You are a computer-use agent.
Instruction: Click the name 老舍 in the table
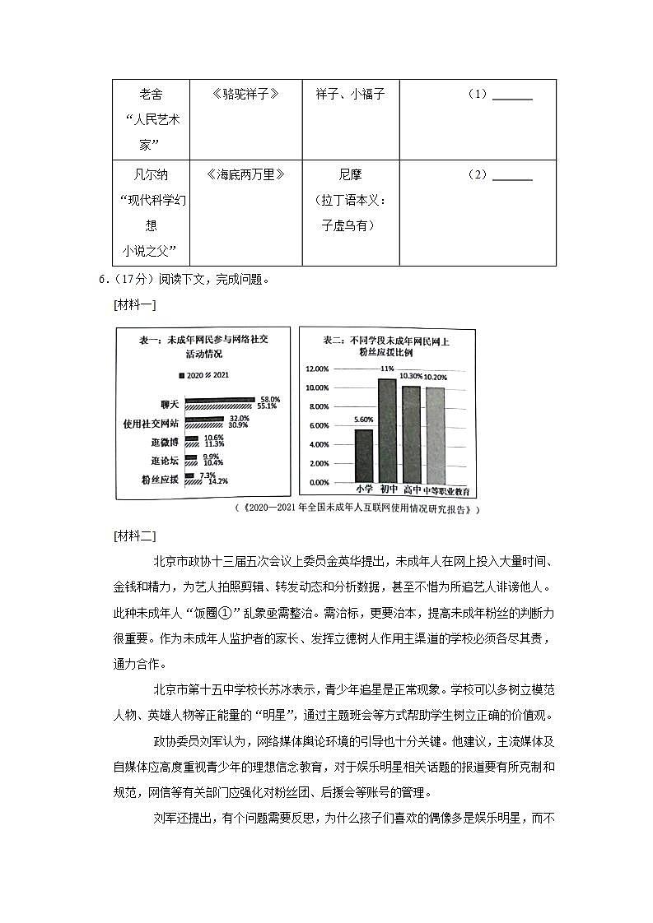coord(151,95)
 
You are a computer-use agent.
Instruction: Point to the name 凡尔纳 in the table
coord(151,174)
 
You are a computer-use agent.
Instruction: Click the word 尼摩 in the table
coord(350,174)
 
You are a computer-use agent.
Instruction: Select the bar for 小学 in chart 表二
coord(363,456)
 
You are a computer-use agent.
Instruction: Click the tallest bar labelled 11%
coord(387,431)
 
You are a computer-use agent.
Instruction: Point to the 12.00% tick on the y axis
coord(318,369)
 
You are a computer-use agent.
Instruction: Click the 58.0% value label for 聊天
coord(269,399)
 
